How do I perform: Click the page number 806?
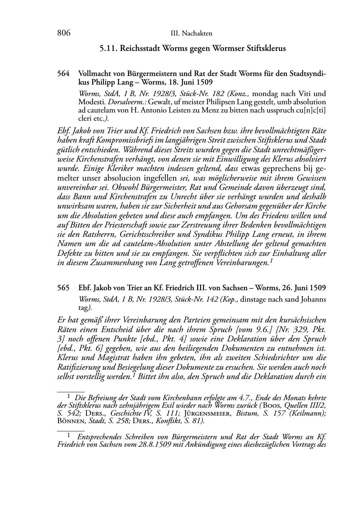(x=63, y=33)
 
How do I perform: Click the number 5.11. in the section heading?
(x=109, y=48)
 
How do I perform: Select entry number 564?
(x=63, y=74)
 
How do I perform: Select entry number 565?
(x=63, y=288)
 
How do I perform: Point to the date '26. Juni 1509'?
(x=304, y=288)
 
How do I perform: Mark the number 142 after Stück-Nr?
(x=212, y=299)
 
